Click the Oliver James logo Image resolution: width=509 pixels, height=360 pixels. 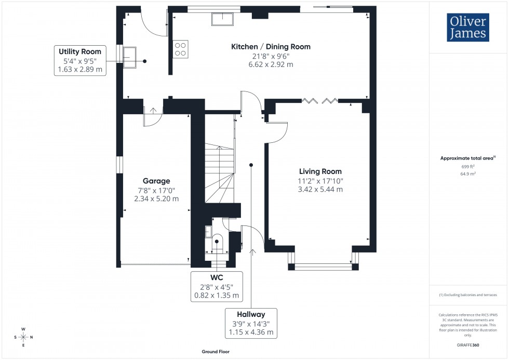[467, 28]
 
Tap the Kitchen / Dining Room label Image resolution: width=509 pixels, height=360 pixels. [271, 47]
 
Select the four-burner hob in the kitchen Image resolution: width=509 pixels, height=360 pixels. [181, 48]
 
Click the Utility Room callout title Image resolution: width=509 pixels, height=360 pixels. [80, 51]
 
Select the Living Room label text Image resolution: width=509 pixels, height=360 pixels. [320, 171]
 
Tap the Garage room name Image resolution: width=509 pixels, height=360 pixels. [156, 181]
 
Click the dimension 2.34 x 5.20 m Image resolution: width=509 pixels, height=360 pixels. [156, 198]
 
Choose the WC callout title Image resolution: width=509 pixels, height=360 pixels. [217, 277]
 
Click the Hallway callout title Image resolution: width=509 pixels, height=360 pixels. [251, 314]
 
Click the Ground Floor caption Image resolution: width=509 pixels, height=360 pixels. [216, 352]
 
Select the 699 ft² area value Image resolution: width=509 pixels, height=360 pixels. [468, 166]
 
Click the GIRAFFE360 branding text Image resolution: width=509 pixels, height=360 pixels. [468, 345]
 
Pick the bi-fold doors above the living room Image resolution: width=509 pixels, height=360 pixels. [320, 100]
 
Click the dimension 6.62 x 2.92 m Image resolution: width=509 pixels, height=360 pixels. [271, 64]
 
